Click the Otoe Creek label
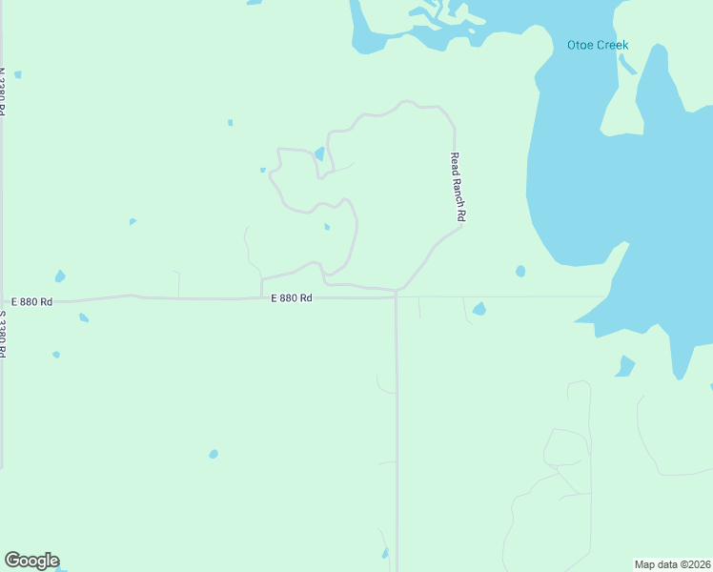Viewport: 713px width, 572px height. (598, 45)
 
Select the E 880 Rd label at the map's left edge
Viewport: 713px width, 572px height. (32, 301)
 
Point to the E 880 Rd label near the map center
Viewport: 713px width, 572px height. (292, 297)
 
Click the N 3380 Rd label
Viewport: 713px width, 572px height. (3, 92)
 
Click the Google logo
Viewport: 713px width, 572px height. (31, 561)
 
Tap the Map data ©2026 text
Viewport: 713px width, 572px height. (672, 563)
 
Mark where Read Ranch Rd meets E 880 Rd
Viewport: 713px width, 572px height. (397, 292)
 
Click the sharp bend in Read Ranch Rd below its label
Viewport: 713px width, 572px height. (462, 226)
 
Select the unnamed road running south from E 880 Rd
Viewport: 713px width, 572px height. (397, 429)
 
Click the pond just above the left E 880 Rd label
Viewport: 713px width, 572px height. (60, 276)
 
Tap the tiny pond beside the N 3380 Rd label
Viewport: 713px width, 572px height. (18, 74)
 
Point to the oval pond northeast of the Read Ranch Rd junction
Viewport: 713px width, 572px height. (520, 271)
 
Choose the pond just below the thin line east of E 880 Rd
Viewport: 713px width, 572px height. (479, 309)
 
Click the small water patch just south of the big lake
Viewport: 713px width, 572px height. (625, 366)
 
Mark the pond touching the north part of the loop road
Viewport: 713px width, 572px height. (319, 153)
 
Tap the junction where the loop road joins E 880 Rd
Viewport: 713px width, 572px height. (261, 296)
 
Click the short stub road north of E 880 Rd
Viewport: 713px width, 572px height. (178, 283)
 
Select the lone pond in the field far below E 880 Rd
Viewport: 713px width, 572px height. (214, 454)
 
